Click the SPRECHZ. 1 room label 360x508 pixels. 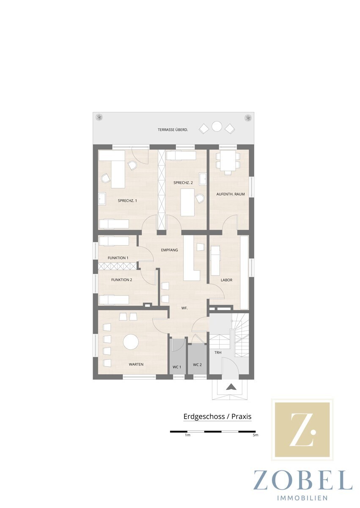pos(127,201)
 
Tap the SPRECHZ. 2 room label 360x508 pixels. pos(183,182)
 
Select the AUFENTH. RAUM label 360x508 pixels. pos(231,194)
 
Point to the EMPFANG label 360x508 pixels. pos(169,250)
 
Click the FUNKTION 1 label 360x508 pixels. pos(118,258)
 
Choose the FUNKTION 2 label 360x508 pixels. pos(122,280)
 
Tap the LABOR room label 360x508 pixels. pos(227,280)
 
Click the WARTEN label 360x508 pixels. pos(136,364)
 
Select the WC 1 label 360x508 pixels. pos(177,367)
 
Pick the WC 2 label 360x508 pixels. pos(197,365)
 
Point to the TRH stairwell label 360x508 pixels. pos(218,353)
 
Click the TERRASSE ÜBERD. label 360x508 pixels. pos(173,130)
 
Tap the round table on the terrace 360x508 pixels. pos(217,126)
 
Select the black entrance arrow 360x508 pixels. pos(231,387)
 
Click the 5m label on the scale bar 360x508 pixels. pos(256,435)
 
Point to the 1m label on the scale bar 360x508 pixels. pos(187,435)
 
